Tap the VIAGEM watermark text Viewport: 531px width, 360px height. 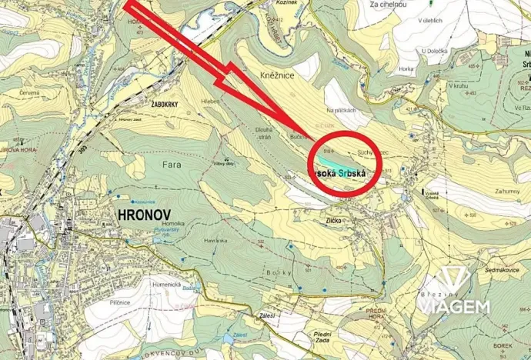point(454,307)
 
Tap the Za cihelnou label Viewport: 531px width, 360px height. point(388,5)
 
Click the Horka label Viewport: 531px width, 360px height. point(406,69)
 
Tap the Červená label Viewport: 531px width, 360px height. point(30,93)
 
